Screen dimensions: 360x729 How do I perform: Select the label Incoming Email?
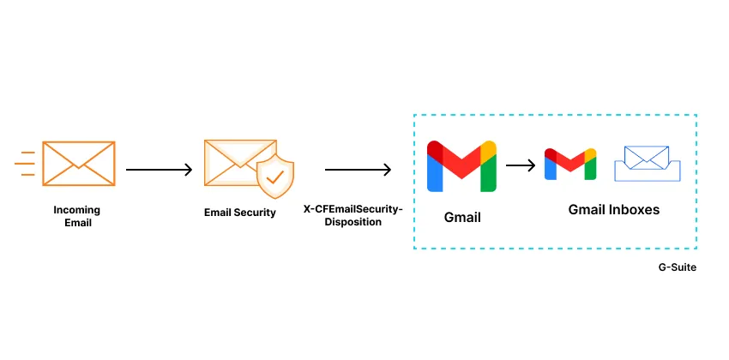coord(77,216)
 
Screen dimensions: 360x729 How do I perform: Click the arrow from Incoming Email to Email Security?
coord(160,170)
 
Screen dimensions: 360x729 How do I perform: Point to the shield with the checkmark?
coord(275,177)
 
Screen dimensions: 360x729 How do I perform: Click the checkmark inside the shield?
coord(275,177)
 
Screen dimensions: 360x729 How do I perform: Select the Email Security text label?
coord(240,213)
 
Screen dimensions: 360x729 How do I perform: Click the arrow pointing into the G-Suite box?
coord(358,170)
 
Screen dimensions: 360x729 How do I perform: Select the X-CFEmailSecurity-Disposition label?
coord(352,215)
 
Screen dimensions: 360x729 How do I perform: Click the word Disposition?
coord(352,221)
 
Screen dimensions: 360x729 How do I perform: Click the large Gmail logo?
coord(461,165)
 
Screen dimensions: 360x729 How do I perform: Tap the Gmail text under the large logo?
coord(462,217)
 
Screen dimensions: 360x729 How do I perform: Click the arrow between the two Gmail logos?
coord(520,165)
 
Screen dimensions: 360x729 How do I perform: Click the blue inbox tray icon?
coord(647,165)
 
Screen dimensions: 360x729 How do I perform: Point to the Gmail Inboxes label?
coord(614,209)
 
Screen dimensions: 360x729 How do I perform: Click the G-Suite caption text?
coord(677,267)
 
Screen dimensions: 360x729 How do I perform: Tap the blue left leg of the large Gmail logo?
coord(435,175)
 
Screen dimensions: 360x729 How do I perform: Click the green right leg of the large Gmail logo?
coord(488,175)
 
